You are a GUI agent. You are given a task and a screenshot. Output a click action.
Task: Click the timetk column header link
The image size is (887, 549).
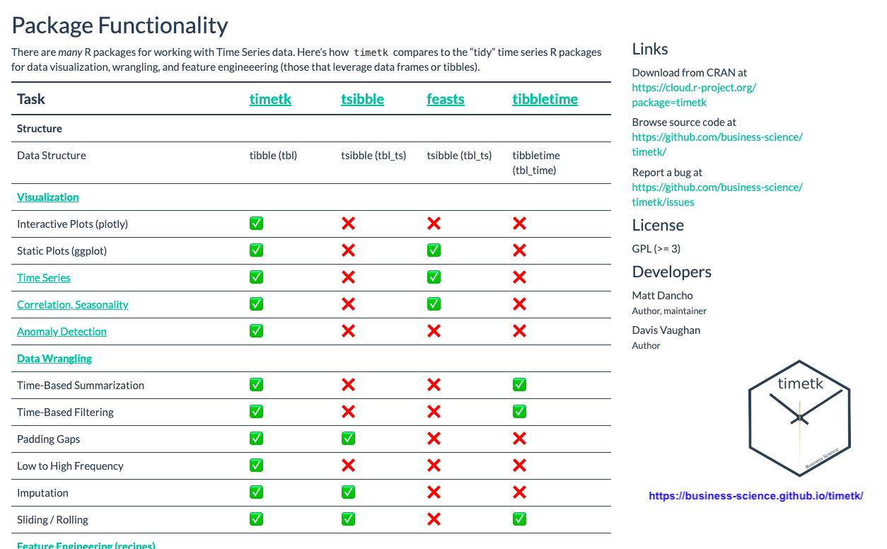[270, 99]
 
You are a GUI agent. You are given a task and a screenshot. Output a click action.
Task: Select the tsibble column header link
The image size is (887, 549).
[362, 99]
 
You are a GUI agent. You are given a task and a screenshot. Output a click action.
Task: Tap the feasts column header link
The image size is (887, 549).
[446, 99]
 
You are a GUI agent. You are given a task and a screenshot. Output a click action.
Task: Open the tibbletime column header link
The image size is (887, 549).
[545, 99]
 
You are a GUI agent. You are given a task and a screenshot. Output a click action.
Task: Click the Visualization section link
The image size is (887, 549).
[48, 197]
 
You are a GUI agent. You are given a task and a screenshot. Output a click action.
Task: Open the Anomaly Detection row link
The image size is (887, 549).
[62, 332]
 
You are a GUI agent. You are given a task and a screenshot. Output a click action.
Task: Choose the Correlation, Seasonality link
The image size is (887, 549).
[73, 305]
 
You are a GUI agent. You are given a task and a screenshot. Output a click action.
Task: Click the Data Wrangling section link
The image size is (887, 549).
[54, 359]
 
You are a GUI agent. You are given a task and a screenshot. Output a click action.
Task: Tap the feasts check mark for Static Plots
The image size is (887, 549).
[434, 250]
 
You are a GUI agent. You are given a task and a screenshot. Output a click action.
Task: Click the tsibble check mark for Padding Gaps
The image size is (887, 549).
[348, 439]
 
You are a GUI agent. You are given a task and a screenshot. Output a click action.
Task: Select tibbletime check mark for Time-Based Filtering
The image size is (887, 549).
[519, 412]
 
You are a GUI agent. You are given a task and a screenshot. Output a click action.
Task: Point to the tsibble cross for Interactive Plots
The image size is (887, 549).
[348, 224]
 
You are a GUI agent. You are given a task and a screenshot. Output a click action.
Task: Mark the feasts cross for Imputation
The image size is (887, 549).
[434, 492]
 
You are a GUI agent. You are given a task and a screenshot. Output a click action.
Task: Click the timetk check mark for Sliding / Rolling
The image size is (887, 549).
[256, 519]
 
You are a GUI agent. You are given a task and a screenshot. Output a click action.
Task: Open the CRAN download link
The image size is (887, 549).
[694, 95]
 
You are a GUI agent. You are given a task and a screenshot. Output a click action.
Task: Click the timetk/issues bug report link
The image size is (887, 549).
[717, 195]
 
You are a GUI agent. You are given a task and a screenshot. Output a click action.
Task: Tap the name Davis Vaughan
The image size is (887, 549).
[666, 330]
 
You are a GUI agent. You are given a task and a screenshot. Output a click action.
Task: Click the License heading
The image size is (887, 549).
[658, 226]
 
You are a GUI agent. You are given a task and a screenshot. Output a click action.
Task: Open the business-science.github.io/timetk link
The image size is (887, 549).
[755, 496]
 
